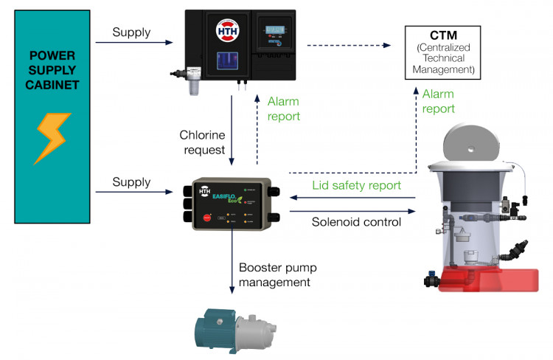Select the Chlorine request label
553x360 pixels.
pos(202,142)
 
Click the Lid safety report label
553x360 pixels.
pos(356,186)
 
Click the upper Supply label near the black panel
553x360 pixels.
pos(131,32)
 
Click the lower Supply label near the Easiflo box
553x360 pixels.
pos(131,182)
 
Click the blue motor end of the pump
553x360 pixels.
pos(207,325)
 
